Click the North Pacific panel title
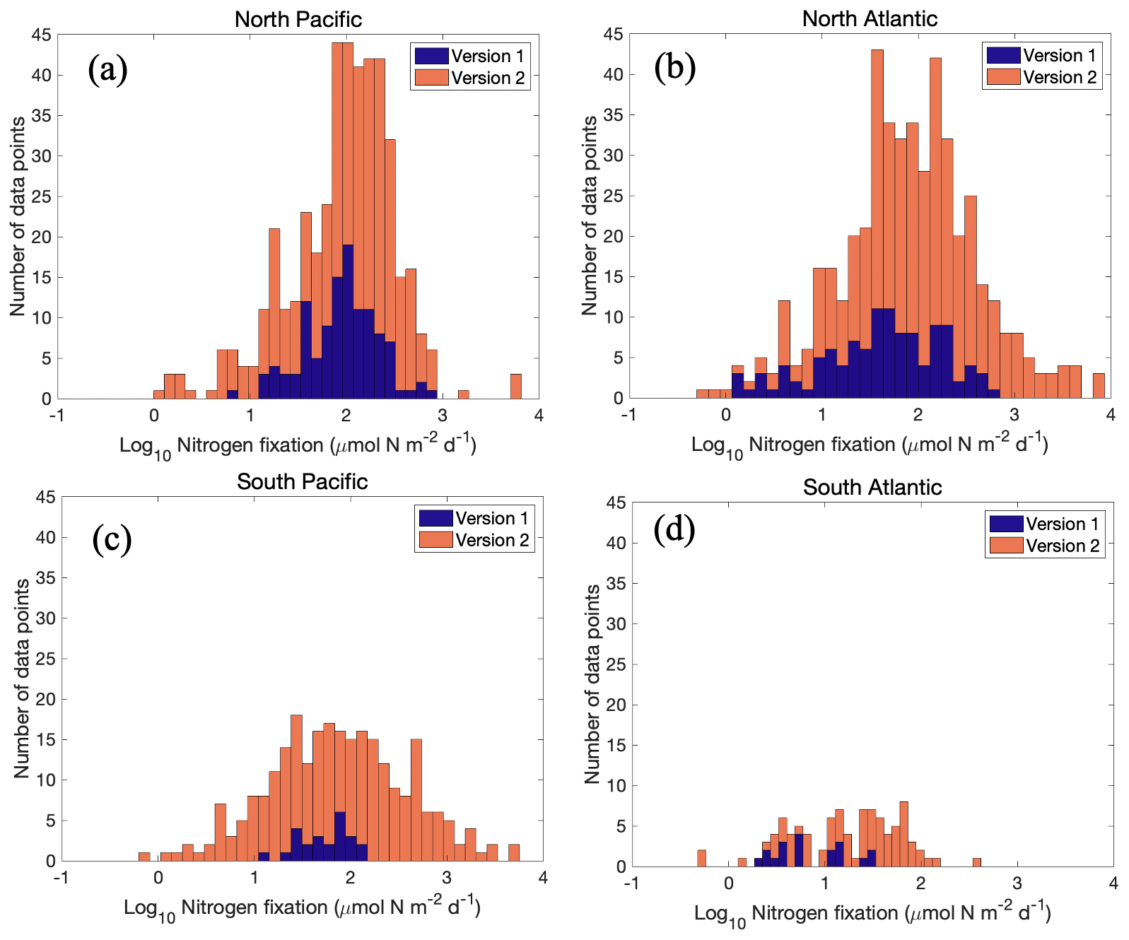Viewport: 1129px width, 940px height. [298, 19]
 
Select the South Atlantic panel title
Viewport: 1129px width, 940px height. [872, 487]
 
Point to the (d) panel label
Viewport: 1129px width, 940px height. [674, 530]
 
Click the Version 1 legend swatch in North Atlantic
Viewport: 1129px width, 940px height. [1002, 55]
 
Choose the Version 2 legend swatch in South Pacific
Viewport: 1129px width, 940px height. [435, 540]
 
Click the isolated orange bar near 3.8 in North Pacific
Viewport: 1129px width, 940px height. [515, 387]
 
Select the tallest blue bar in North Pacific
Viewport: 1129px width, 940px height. [348, 322]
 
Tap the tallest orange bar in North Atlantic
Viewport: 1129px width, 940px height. [877, 223]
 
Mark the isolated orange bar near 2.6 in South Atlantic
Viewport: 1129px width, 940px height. [976, 862]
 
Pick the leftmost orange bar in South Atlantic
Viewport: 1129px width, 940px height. [701, 858]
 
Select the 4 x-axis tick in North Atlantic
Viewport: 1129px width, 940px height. [1111, 415]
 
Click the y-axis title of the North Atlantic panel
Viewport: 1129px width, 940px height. [590, 216]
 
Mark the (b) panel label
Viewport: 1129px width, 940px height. [674, 67]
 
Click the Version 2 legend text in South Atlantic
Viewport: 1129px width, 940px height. [1062, 546]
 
